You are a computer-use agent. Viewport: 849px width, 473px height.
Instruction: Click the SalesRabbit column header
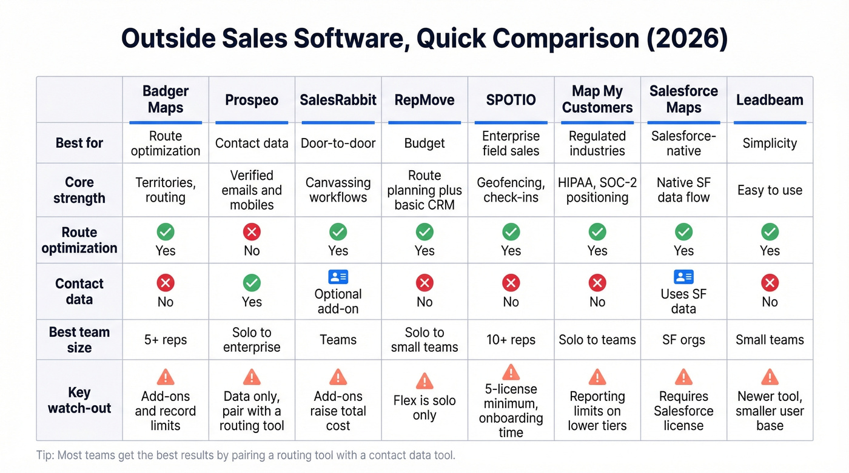[x=338, y=100]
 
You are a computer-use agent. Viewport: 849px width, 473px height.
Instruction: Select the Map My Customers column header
[x=597, y=99]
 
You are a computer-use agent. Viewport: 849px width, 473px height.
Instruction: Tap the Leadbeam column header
[x=770, y=100]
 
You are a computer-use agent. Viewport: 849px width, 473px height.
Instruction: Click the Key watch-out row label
[x=79, y=400]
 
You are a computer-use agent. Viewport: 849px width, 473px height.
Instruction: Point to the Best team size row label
[x=79, y=340]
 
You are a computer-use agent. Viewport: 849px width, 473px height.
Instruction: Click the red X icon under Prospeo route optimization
[x=252, y=231]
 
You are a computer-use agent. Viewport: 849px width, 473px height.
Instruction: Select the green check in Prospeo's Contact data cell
[x=252, y=282]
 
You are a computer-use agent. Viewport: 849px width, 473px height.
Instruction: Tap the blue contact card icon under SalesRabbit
[x=338, y=277]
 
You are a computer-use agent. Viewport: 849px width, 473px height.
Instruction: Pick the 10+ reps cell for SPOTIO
[x=511, y=340]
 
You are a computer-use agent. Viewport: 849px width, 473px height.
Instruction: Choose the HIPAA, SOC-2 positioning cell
[x=597, y=190]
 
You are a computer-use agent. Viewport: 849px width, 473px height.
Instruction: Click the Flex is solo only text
[x=424, y=408]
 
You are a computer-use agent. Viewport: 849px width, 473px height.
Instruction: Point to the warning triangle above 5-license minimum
[x=511, y=371]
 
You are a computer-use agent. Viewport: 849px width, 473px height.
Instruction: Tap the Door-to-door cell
[x=338, y=144]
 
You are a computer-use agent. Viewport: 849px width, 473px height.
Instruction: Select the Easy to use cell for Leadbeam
[x=770, y=190]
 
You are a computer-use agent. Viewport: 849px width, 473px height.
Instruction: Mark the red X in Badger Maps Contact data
[x=166, y=282]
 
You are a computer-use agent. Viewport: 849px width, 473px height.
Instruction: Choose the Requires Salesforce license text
[x=683, y=411]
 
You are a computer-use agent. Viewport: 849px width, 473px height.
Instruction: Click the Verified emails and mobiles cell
[x=252, y=190]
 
